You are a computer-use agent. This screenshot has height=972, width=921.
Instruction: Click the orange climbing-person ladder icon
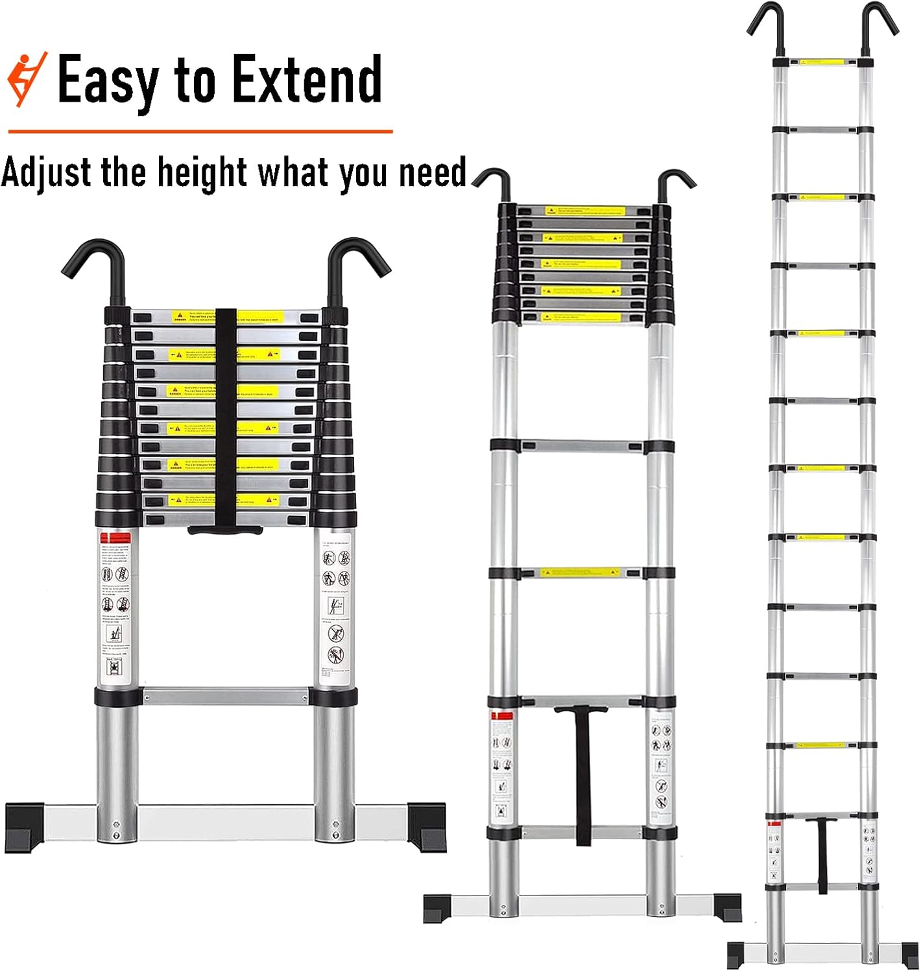click(27, 80)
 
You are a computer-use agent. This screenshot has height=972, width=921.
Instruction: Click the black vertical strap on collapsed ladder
click(225, 415)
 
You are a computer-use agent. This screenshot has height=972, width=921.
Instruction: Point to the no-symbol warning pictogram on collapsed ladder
click(335, 632)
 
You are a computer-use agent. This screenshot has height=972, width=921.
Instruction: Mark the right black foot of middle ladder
click(727, 906)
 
